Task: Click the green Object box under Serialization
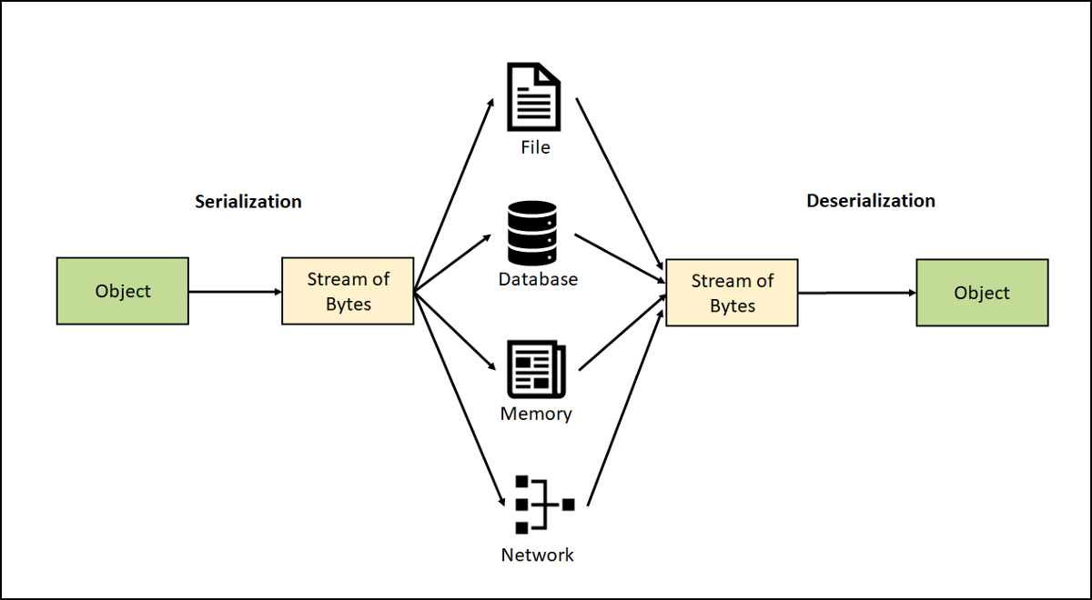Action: click(x=123, y=291)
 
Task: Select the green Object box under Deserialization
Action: click(x=982, y=293)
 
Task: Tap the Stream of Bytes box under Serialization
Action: click(x=348, y=291)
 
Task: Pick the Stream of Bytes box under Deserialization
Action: click(x=732, y=293)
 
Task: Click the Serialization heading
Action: click(x=248, y=201)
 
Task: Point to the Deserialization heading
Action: click(x=871, y=201)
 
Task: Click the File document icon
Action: click(x=534, y=96)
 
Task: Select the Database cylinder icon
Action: click(x=532, y=232)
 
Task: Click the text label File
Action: click(x=535, y=147)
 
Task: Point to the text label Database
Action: click(x=538, y=279)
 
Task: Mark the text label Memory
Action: click(x=536, y=415)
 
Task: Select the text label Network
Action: click(x=537, y=555)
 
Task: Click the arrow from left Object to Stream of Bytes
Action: click(x=236, y=292)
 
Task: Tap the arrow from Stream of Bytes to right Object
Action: click(x=856, y=293)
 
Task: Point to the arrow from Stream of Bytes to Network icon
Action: click(x=460, y=400)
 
